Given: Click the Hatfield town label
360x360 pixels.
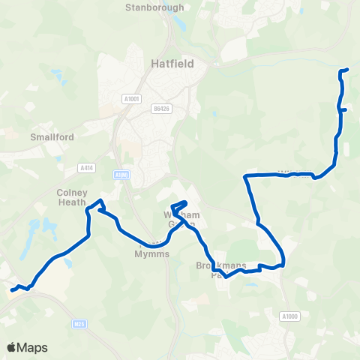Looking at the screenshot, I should click(x=172, y=64).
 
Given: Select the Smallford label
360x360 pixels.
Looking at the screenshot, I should click(x=49, y=137).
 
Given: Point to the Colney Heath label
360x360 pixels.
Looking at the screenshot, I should click(x=73, y=196).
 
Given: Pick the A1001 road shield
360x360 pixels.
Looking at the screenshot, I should click(x=131, y=97).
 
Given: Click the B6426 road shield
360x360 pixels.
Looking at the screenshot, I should click(x=161, y=108).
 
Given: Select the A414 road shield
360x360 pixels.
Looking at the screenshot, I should click(x=83, y=169).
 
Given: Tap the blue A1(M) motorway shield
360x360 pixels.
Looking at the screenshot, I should click(x=123, y=175).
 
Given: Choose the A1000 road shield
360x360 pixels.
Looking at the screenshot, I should click(x=290, y=316).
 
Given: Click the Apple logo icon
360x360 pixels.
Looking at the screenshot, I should click(x=11, y=347).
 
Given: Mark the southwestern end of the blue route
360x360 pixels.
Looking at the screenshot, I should click(x=12, y=290).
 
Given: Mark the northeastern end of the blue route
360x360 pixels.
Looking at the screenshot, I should click(x=348, y=70).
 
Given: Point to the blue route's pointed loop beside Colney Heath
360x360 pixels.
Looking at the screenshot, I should click(x=100, y=203).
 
